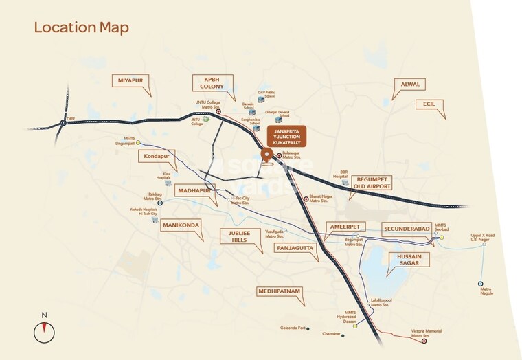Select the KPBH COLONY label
click(x=208, y=83)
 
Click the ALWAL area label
click(x=404, y=85)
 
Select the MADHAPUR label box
click(x=192, y=190)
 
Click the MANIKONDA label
click(x=180, y=225)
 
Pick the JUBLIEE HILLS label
click(x=237, y=236)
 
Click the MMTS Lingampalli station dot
click(x=138, y=143)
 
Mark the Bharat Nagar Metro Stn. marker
click(x=306, y=199)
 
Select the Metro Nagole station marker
click(x=481, y=283)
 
